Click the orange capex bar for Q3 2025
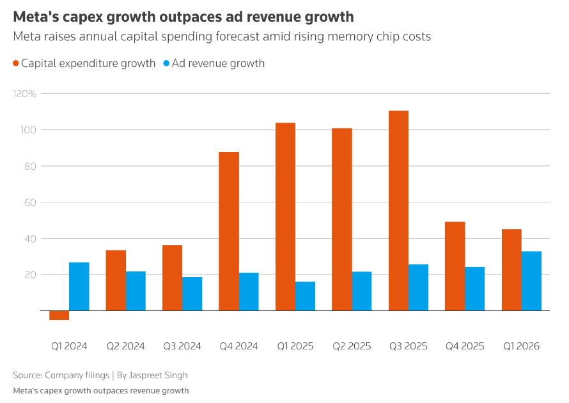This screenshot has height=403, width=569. click(x=398, y=211)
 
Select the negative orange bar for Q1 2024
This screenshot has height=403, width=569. click(x=59, y=315)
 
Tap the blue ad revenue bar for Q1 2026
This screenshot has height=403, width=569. click(x=531, y=281)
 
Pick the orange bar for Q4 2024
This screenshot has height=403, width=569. click(x=229, y=231)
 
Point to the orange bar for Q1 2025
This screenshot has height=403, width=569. click(x=285, y=217)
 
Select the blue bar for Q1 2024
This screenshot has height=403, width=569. click(x=79, y=287)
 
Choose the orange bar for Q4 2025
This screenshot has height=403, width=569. click(x=455, y=266)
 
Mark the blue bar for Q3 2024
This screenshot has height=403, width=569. click(x=192, y=294)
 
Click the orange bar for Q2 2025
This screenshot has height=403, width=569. click(x=342, y=220)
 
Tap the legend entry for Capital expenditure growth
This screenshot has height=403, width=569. click(x=88, y=63)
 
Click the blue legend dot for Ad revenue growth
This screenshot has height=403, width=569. click(x=167, y=63)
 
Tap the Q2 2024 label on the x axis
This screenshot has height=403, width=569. click(x=125, y=346)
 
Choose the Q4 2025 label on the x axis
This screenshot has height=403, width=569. click(x=464, y=346)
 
